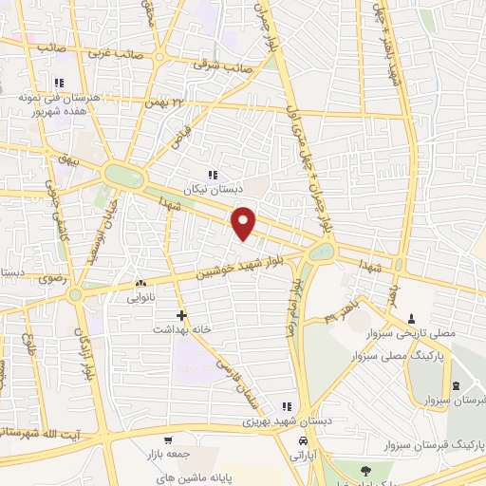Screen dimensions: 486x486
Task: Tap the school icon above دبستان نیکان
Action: (x=212, y=175)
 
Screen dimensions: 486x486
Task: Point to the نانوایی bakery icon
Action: (x=140, y=283)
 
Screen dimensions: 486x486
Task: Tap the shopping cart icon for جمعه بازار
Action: (x=168, y=440)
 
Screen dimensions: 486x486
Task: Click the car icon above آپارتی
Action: (x=303, y=441)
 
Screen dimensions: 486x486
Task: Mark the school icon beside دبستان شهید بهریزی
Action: (x=287, y=406)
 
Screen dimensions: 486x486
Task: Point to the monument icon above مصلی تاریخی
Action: (x=411, y=318)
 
